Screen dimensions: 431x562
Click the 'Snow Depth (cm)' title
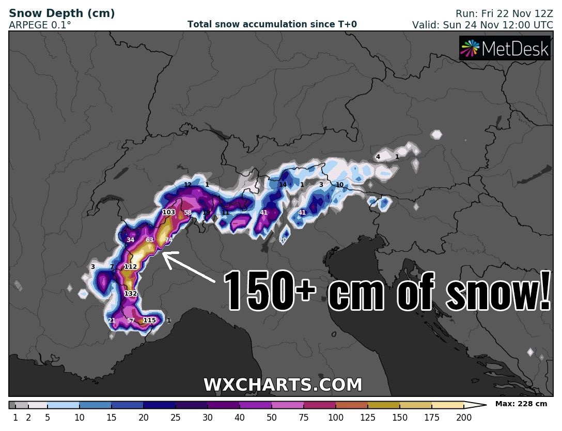click(x=62, y=13)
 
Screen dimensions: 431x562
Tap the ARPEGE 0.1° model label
click(x=40, y=24)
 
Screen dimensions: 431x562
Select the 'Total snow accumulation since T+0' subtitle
click(x=272, y=24)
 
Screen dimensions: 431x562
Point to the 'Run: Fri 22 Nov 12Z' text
click(x=504, y=14)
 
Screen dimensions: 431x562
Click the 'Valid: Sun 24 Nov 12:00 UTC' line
click(x=482, y=24)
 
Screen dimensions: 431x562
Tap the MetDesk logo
click(x=505, y=49)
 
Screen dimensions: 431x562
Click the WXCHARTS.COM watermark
click(x=283, y=385)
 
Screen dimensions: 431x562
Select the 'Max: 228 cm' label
click(x=521, y=404)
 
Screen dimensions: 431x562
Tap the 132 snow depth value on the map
click(x=131, y=293)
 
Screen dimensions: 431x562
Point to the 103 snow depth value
click(x=169, y=212)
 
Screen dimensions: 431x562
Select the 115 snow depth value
click(x=149, y=320)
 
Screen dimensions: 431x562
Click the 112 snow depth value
click(x=131, y=266)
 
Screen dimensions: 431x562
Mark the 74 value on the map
click(x=168, y=240)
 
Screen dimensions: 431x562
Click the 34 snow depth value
click(x=130, y=240)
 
